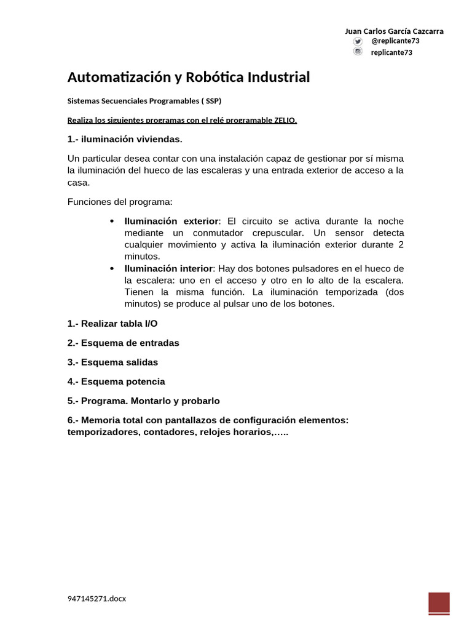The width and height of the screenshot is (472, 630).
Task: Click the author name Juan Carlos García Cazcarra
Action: [x=394, y=31]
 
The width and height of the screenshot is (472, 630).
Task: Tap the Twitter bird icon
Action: [x=358, y=41]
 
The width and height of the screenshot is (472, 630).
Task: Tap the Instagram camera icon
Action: [x=358, y=52]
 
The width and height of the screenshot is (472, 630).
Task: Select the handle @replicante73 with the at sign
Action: [x=395, y=41]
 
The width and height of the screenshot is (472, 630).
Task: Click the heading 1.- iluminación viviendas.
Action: [x=125, y=138]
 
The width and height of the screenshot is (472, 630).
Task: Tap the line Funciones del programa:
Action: [x=120, y=202]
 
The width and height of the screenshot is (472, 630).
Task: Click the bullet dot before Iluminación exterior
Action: [x=111, y=221]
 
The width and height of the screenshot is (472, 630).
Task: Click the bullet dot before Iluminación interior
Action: [x=111, y=269]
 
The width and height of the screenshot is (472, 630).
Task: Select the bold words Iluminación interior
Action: [x=168, y=269]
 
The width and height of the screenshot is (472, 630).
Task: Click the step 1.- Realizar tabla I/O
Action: [x=116, y=323]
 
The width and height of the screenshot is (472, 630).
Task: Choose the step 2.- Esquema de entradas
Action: [x=123, y=343]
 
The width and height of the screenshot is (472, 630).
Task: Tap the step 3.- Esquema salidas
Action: [x=112, y=362]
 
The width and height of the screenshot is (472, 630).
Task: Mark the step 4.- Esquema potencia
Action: [x=116, y=381]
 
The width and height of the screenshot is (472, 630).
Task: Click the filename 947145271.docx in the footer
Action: [x=96, y=598]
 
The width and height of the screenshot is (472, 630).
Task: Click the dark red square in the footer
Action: [x=439, y=603]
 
